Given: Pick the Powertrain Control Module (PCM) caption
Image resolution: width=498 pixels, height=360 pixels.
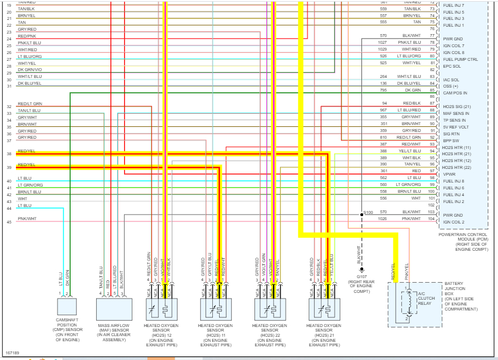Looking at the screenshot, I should [x=463, y=242].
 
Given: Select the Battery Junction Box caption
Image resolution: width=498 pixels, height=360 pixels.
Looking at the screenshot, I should [x=460, y=296].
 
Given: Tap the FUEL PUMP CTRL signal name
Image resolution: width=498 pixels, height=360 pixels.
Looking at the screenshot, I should [x=460, y=60].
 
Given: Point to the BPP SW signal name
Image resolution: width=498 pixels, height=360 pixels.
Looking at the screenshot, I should [x=451, y=140].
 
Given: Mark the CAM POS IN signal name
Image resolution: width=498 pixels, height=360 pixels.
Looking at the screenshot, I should [x=455, y=93].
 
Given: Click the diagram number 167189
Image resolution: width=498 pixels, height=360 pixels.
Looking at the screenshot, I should [x=12, y=353].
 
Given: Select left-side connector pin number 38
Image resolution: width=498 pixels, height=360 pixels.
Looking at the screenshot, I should [x=9, y=154].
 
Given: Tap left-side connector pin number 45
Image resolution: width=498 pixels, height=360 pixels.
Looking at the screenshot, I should [x=9, y=222].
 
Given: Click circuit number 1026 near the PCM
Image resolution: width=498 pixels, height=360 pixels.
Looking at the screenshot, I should [x=382, y=218].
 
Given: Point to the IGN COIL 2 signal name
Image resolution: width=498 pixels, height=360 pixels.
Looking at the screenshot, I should [x=454, y=222].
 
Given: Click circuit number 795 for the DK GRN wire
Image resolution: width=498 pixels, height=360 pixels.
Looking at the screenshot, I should [x=384, y=90].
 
